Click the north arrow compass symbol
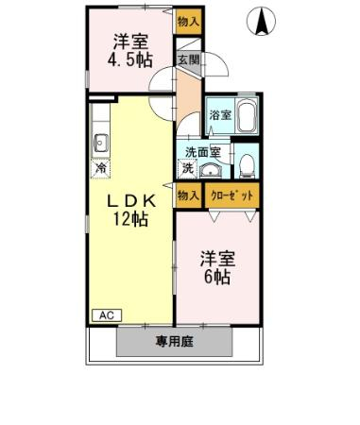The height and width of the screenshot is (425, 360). click(261, 22)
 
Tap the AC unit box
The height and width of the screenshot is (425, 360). click(107, 315)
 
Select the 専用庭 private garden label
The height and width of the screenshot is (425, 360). click(174, 342)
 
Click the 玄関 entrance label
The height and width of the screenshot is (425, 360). click(188, 60)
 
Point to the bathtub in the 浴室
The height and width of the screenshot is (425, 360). click(248, 115)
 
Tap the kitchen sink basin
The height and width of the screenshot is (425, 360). click(101, 144)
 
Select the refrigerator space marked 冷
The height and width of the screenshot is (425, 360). click(101, 168)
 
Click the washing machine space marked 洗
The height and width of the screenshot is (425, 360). click(188, 168)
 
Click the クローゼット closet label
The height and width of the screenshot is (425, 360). click(232, 195)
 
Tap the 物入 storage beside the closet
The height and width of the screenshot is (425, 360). click(188, 195)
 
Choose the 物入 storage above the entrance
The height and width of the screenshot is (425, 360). click(188, 22)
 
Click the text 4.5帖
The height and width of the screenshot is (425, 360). click(130, 59)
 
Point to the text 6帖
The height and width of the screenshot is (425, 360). click(217, 277)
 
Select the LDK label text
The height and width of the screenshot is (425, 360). click(131, 201)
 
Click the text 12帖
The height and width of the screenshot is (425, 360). click(130, 218)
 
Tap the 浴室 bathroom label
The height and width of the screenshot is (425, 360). click(220, 115)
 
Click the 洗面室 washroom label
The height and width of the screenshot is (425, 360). click(202, 152)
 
